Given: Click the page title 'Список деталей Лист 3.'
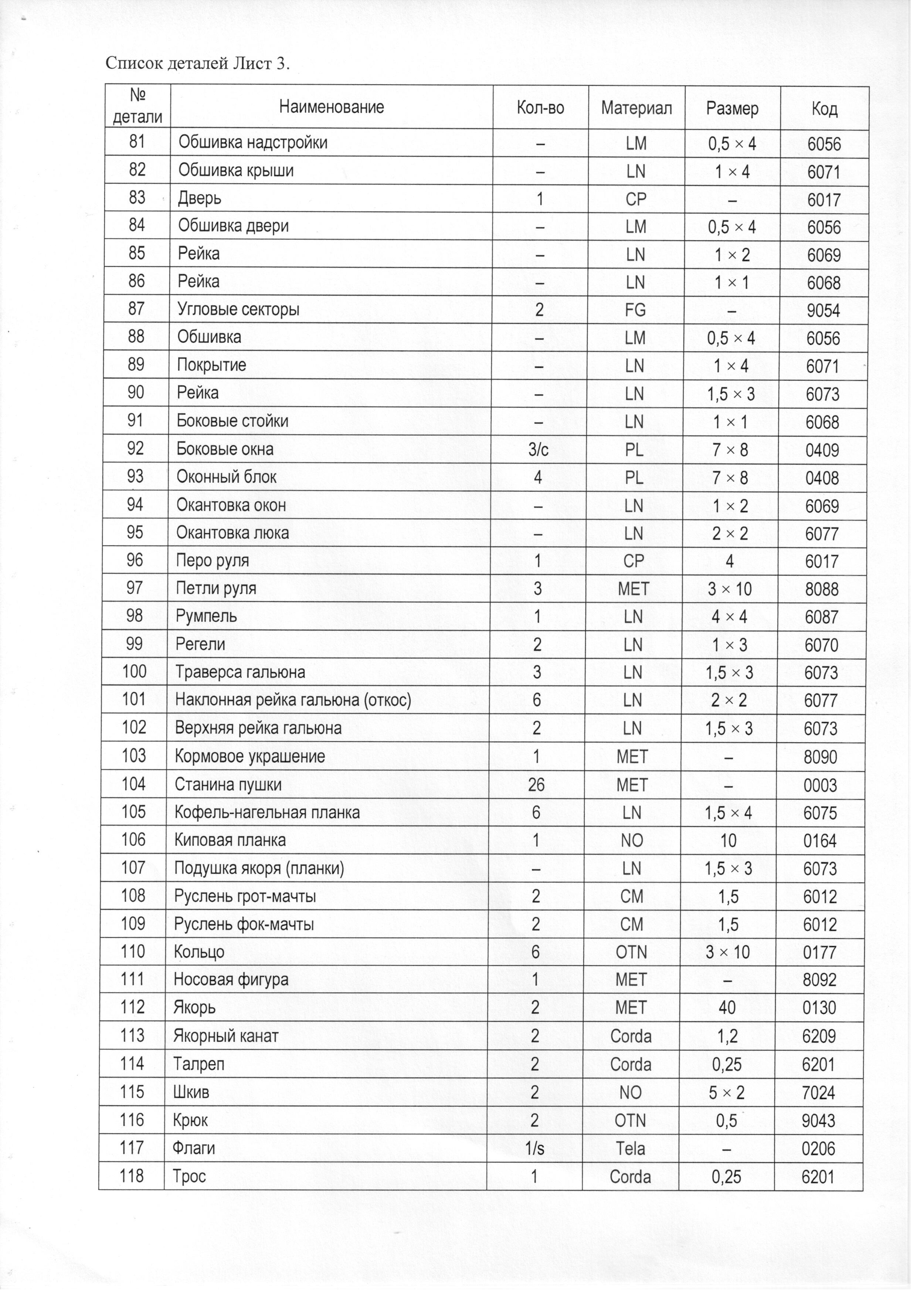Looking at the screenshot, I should click(198, 64).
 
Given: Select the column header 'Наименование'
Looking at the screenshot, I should click(332, 107).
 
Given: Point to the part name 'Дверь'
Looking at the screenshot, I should click(199, 198).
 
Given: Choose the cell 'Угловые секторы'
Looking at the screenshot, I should click(238, 309).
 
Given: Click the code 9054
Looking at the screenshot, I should click(823, 311).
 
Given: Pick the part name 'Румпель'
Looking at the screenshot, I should click(206, 616).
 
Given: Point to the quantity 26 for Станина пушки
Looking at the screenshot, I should click(536, 785).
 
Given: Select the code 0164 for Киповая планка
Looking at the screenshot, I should click(821, 841).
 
